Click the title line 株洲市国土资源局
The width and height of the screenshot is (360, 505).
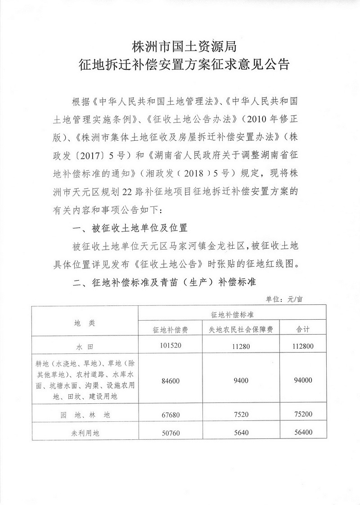click(180, 46)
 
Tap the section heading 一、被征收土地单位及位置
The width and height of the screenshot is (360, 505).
click(130, 228)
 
